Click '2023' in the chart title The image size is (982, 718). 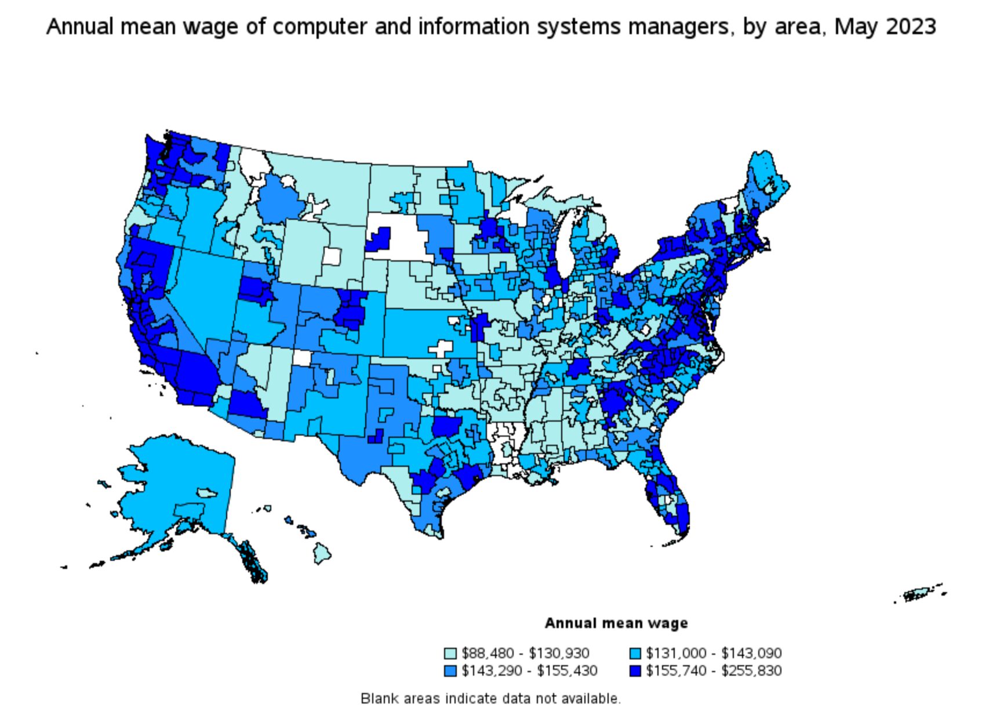pyautogui.click(x=910, y=27)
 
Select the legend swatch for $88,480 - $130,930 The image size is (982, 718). pyautogui.click(x=450, y=654)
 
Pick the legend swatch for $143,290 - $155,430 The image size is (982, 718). pyautogui.click(x=450, y=671)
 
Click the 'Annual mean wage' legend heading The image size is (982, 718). pyautogui.click(x=616, y=623)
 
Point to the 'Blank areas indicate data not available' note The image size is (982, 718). pyautogui.click(x=490, y=698)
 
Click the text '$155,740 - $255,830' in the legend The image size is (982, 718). pyautogui.click(x=714, y=671)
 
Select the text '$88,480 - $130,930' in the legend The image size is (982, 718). pyautogui.click(x=525, y=654)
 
